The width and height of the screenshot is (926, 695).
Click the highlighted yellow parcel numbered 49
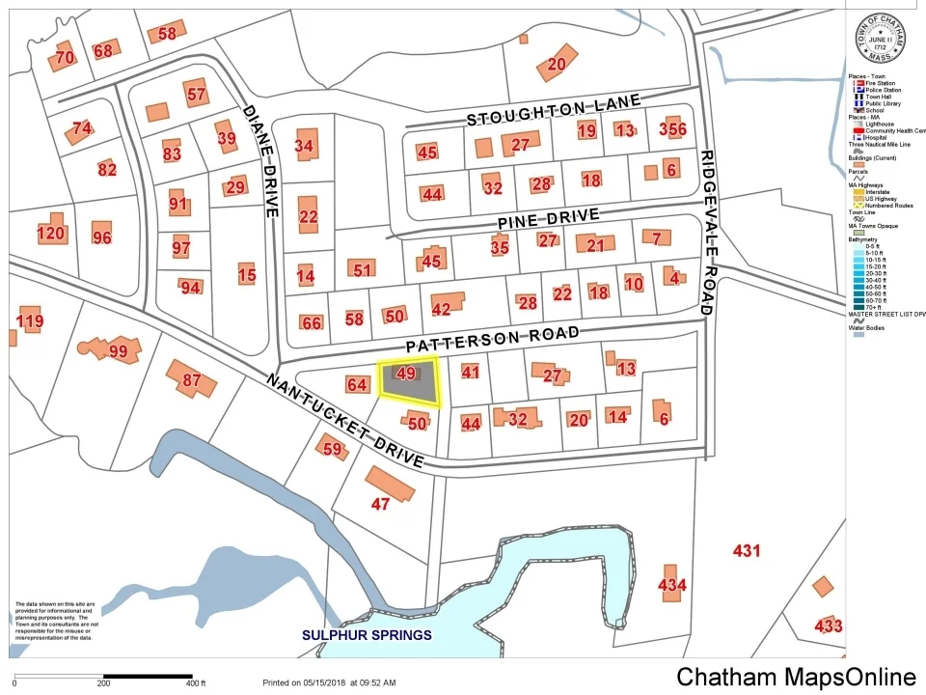click(408, 382)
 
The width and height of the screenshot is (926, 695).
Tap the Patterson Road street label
click(493, 339)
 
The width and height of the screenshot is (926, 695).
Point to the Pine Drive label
click(549, 219)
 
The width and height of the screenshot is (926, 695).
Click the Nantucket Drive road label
click(344, 421)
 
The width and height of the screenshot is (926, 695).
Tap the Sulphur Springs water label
click(367, 635)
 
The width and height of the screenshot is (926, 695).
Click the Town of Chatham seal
click(880, 39)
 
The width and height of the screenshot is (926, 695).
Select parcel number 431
click(747, 551)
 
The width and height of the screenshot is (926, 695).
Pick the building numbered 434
click(671, 584)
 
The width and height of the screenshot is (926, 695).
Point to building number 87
click(192, 380)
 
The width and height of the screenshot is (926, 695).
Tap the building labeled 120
click(50, 233)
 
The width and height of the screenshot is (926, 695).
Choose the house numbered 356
click(672, 129)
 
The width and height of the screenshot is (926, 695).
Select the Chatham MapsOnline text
click(796, 677)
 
